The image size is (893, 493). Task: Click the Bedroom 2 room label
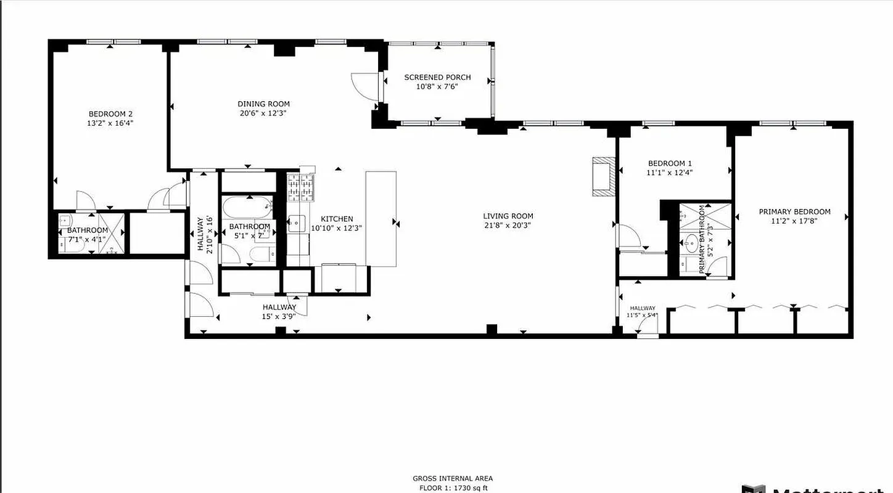click(x=111, y=114)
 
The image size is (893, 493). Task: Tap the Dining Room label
click(x=263, y=104)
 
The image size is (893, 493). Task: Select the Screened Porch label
click(x=437, y=78)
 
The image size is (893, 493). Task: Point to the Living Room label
click(x=508, y=216)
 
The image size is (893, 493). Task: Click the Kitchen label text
click(x=337, y=219)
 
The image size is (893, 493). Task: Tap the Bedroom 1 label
click(x=665, y=163)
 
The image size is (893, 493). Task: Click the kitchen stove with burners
click(x=301, y=187)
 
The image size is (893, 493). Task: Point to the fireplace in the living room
click(x=603, y=176)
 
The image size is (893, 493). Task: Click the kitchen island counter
click(x=381, y=219)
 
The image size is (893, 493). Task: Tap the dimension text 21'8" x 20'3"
click(x=508, y=226)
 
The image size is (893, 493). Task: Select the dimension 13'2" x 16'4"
click(x=111, y=123)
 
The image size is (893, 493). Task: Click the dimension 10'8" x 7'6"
click(x=437, y=87)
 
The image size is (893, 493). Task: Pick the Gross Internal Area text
click(x=453, y=478)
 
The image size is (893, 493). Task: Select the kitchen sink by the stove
click(x=295, y=222)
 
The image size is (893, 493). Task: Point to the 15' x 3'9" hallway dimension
click(x=279, y=316)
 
